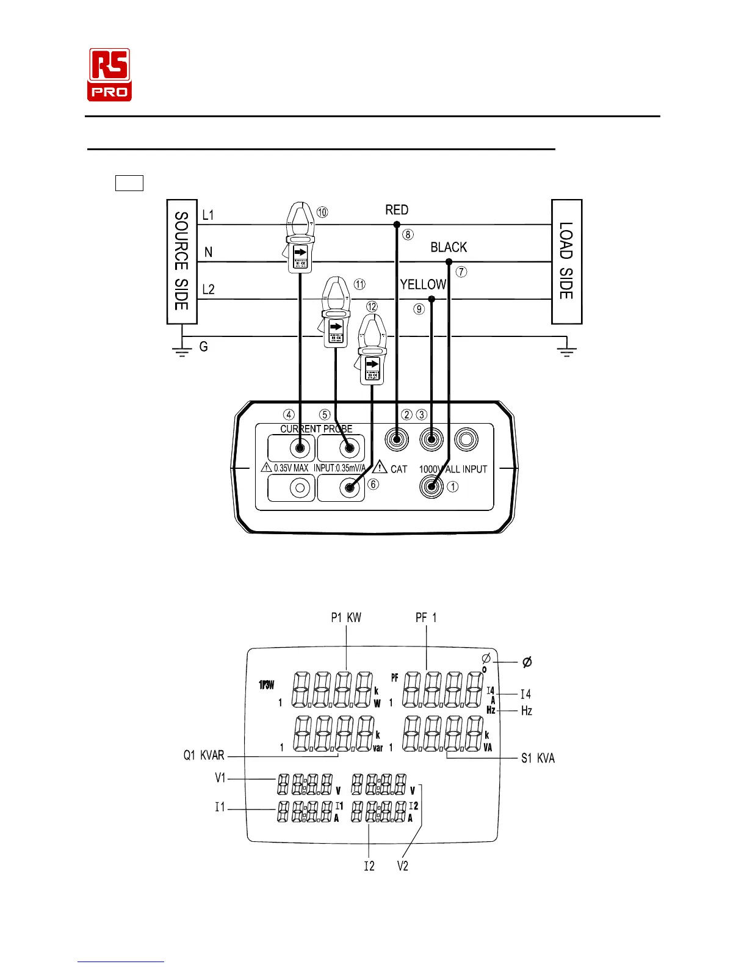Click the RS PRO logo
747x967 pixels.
[110, 74]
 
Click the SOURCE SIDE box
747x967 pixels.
[182, 261]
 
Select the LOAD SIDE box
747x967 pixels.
[566, 261]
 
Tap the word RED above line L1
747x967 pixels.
[397, 210]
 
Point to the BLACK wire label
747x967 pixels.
[449, 247]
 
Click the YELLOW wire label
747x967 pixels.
[423, 284]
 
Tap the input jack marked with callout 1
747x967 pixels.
[431, 487]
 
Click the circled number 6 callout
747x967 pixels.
[374, 484]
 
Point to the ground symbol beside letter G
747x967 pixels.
[181, 350]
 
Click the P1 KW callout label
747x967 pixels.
[346, 618]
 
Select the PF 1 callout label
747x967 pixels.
[426, 618]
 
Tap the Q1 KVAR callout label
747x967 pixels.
[204, 756]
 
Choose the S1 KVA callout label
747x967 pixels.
[538, 758]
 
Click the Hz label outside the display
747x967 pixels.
[526, 711]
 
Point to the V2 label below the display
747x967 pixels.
[402, 866]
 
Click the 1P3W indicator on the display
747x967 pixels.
[267, 685]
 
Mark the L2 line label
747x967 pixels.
[208, 289]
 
